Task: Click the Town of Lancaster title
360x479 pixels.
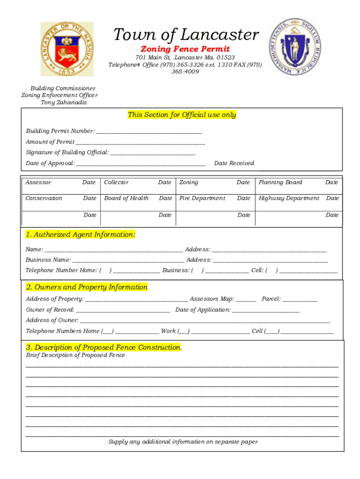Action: pos(186,35)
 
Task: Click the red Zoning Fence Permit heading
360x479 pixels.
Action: pos(185,49)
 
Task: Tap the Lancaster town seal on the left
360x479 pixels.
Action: pos(66,49)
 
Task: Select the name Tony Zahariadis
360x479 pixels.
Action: pos(64,102)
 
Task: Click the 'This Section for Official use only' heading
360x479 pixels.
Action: pos(182,115)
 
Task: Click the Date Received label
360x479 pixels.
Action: pos(234,163)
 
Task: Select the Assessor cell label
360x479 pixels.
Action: pos(38,182)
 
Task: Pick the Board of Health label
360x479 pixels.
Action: pos(126,198)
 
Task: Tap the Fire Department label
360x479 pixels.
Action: pos(202,198)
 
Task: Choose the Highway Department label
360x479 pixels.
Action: pos(289,198)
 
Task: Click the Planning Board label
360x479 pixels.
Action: pos(281,182)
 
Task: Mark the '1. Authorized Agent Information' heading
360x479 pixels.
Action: pos(80,235)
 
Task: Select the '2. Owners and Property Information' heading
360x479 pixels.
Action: pos(86,287)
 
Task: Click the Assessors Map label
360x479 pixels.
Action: pos(212,299)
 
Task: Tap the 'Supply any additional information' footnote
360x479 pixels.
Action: pos(183,442)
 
